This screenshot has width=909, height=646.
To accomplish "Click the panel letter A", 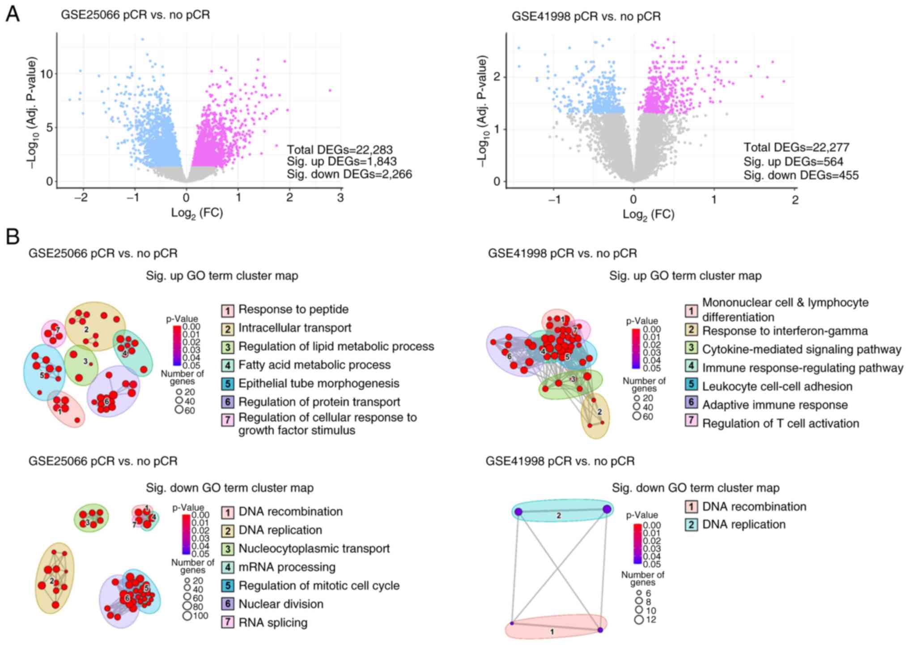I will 13,14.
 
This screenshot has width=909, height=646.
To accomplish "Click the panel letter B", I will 13,237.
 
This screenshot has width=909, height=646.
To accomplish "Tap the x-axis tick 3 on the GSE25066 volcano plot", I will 340,197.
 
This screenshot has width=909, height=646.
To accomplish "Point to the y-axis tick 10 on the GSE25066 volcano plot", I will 47,74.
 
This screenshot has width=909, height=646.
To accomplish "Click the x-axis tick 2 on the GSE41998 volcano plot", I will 795,200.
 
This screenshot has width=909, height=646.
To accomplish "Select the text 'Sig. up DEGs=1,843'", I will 341,162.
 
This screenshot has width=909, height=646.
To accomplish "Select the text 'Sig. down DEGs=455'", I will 801,175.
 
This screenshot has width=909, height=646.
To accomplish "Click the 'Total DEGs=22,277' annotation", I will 796,147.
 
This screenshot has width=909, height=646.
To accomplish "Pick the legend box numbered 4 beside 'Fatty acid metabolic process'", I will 228,365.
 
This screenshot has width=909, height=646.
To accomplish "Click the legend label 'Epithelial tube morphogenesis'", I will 319,384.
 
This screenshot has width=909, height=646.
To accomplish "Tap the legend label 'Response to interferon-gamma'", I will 785,331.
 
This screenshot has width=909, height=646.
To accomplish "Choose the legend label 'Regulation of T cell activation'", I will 781,424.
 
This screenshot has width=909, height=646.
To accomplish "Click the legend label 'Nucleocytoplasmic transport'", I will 314,549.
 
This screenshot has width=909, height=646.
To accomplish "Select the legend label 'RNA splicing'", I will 273,623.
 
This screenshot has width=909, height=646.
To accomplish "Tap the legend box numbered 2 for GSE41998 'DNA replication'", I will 691,525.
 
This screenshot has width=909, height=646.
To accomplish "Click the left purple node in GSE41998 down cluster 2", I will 518,512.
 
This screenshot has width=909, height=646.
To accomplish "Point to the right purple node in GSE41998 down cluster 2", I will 607,509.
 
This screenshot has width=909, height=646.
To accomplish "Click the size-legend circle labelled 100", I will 187,616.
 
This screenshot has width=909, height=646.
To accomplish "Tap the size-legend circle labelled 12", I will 639,620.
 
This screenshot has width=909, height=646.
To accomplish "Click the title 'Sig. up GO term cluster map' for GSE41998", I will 685,276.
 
